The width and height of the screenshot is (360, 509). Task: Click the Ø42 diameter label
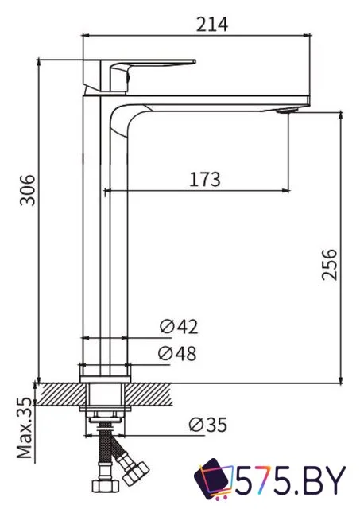coord(178,327)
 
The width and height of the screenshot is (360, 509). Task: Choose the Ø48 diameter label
coord(178,354)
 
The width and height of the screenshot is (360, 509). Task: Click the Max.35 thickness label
coord(26,429)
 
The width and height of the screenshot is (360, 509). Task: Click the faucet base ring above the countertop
coord(106,371)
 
